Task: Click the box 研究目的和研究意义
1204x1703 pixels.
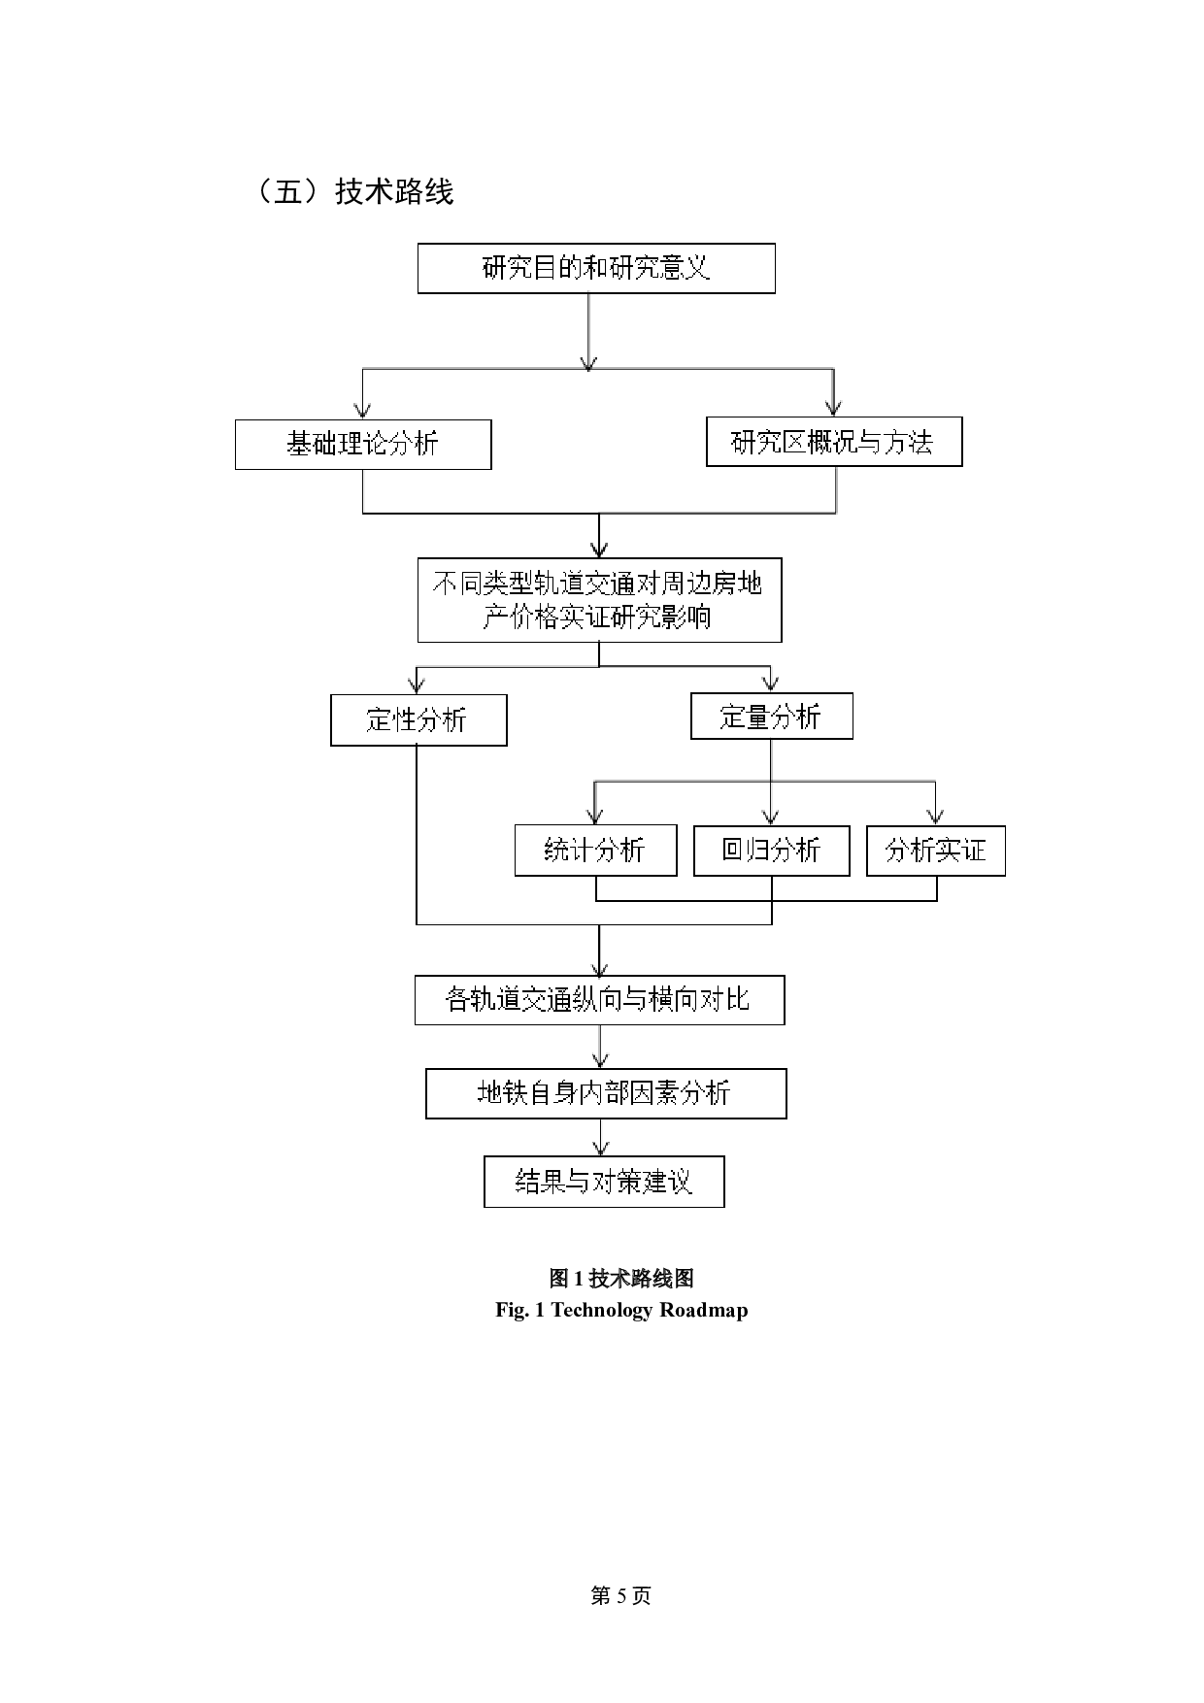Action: click(x=596, y=268)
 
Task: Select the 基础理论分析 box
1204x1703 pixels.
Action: click(x=363, y=445)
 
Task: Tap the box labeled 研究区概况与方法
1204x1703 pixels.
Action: click(x=833, y=442)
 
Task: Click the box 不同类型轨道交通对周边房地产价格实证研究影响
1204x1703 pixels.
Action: click(x=599, y=599)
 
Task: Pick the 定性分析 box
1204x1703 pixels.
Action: click(x=418, y=719)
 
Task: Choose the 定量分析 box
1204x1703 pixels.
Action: click(x=771, y=717)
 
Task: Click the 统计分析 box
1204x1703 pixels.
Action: click(x=595, y=851)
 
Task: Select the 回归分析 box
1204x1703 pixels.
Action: click(x=771, y=851)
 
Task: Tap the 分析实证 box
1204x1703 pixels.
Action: click(x=935, y=851)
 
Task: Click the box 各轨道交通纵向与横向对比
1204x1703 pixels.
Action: click(x=599, y=1000)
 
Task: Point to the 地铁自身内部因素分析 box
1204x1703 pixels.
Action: click(x=606, y=1093)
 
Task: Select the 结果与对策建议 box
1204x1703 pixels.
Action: click(x=604, y=1182)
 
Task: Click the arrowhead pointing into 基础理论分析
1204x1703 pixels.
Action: click(x=363, y=411)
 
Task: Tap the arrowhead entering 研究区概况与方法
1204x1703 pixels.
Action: click(x=833, y=408)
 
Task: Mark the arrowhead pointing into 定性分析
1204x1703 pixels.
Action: click(x=418, y=685)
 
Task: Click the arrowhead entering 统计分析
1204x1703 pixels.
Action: click(x=595, y=818)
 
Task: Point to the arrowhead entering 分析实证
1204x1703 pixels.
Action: click(x=935, y=818)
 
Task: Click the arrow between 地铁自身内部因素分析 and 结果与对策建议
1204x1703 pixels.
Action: click(x=601, y=1137)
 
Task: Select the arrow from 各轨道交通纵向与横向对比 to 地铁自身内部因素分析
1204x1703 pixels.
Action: click(x=601, y=1047)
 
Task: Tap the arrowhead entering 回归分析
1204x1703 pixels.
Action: click(x=771, y=818)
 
